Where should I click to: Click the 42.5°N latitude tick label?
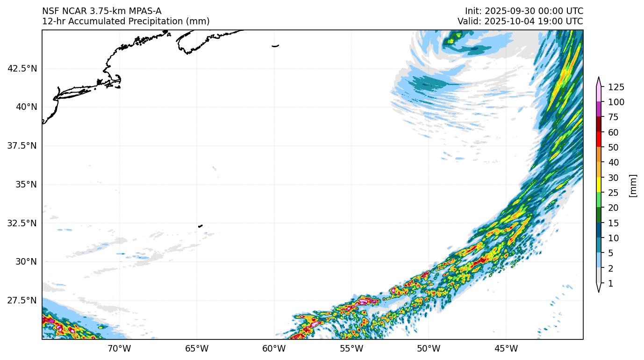pos(22,68)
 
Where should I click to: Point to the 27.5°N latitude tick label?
pos(22,300)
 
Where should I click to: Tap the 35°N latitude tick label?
pos(26,184)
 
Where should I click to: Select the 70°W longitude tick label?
pos(119,349)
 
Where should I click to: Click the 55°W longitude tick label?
pos(351,349)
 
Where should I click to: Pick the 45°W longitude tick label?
pos(506,349)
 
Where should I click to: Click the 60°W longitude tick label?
pos(274,349)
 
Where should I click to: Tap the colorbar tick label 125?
pos(616,87)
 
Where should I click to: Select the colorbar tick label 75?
pos(614,117)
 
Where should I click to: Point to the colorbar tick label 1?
pos(610,284)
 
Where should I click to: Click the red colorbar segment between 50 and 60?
pos(598,140)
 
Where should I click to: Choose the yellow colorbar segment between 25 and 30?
pos(598,185)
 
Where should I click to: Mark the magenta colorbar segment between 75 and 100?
pos(598,109)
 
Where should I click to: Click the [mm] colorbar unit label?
pos(633,185)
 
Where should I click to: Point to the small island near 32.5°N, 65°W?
pos(200,226)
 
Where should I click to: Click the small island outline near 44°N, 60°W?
pos(275,46)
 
